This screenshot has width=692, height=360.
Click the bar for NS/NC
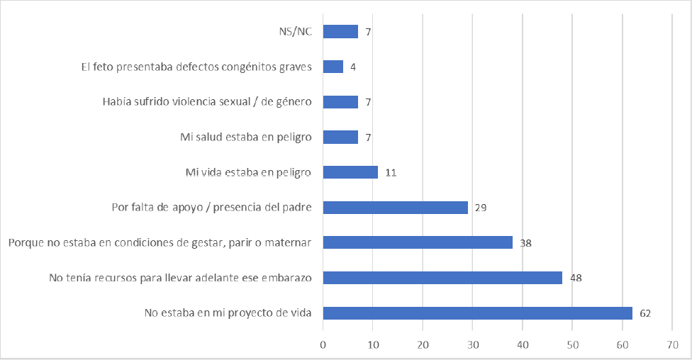point(340,31)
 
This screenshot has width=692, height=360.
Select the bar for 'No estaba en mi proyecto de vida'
point(478,313)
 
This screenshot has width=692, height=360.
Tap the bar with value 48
point(442,278)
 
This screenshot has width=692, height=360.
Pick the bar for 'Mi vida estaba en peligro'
point(350,172)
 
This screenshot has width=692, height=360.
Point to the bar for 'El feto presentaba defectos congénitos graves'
point(333,67)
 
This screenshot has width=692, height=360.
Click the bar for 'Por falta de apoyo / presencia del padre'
point(396,208)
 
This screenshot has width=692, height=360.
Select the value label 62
point(644,313)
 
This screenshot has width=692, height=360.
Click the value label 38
point(525,243)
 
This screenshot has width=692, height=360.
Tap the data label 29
point(480,208)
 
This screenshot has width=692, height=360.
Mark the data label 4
point(352,67)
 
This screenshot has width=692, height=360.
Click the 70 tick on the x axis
point(672,344)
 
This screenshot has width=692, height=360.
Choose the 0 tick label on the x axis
point(323,344)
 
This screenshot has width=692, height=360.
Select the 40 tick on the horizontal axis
point(523,344)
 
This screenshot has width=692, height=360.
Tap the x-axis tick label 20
point(423,344)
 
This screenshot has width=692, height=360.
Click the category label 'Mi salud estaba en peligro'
point(246,137)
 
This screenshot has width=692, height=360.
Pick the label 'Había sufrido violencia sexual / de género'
point(208,102)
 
